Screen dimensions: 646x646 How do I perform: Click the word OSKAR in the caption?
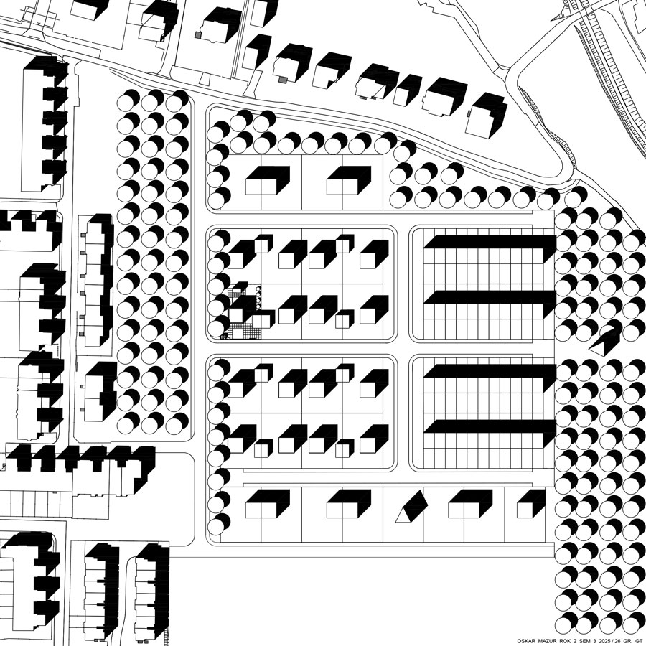(x=525, y=641)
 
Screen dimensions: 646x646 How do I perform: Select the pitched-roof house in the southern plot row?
(x=411, y=507)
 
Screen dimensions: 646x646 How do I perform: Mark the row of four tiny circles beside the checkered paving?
(x=258, y=297)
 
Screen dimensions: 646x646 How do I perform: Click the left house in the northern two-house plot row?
(x=268, y=181)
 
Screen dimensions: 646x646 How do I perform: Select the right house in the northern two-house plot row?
(x=349, y=181)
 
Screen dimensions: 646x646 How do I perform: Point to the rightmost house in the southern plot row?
(x=531, y=504)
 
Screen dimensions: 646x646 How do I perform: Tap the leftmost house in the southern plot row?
(x=268, y=504)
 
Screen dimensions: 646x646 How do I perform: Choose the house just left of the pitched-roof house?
(x=349, y=504)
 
